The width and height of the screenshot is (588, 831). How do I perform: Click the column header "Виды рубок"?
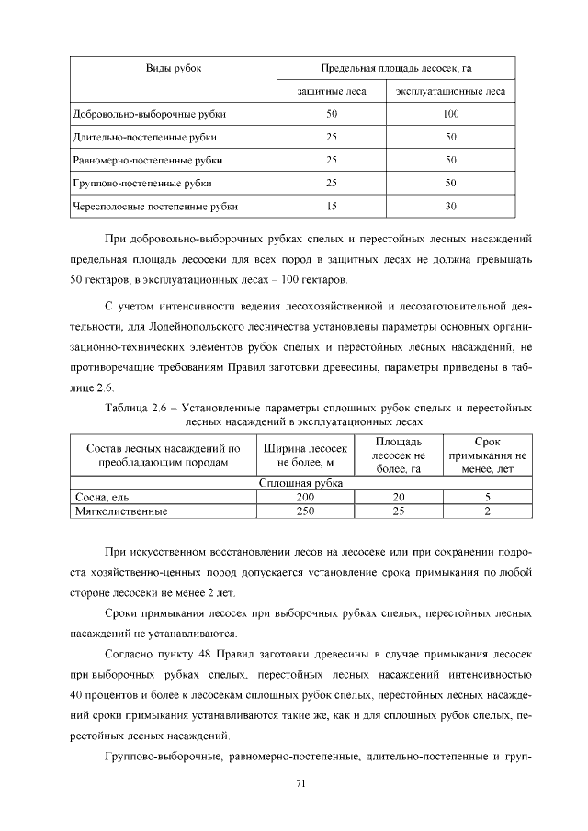coord(174,69)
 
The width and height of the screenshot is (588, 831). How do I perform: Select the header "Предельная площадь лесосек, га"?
coord(396,69)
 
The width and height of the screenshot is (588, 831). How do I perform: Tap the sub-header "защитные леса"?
coord(332,92)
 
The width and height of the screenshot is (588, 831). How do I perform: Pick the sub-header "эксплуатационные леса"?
coord(450,92)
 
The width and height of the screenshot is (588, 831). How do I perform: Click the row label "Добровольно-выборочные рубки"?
coord(149,115)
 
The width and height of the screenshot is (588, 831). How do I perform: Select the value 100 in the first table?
coord(450,115)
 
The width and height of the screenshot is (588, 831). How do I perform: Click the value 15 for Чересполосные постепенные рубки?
coord(332,207)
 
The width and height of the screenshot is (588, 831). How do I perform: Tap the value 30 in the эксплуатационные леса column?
coord(450,207)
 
